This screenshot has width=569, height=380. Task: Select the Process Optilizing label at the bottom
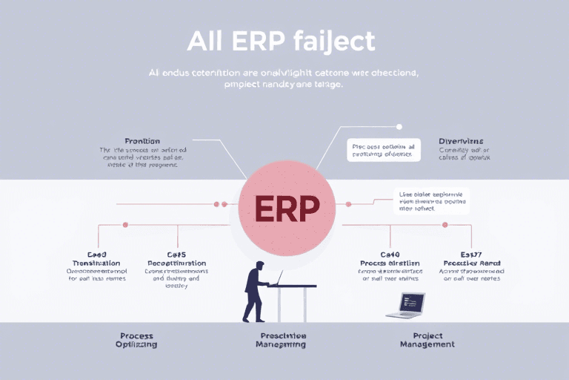click(137, 340)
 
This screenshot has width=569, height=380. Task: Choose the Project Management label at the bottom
click(427, 340)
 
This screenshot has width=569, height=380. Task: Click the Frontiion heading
click(142, 140)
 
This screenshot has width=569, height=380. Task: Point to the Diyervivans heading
click(460, 140)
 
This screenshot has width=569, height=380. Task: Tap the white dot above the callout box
click(399, 127)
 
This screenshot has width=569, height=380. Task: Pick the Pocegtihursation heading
click(176, 263)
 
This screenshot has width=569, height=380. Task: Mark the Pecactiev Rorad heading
click(471, 263)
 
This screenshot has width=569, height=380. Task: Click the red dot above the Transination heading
click(124, 223)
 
